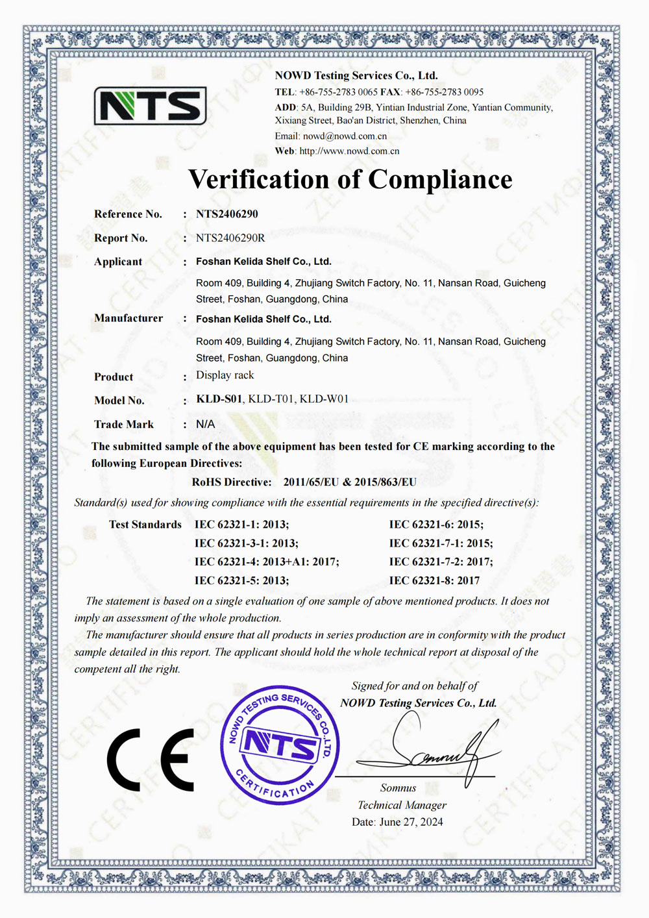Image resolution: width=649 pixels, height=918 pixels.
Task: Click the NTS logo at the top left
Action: tap(150, 106)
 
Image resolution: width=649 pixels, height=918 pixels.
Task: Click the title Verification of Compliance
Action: tap(350, 179)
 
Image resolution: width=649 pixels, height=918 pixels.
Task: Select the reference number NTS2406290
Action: tap(227, 214)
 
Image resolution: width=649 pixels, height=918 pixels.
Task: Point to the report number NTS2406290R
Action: tap(230, 238)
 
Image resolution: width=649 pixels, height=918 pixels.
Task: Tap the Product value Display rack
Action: tap(225, 375)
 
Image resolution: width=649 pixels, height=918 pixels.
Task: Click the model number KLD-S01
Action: tap(219, 399)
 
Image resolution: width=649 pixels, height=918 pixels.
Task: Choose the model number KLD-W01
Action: tap(324, 399)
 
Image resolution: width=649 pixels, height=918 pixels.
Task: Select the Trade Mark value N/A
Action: tap(205, 424)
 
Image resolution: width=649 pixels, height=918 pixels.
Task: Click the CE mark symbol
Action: tap(151, 760)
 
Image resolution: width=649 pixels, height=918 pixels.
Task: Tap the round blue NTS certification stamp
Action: tap(280, 745)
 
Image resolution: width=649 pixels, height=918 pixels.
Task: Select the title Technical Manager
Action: tap(402, 805)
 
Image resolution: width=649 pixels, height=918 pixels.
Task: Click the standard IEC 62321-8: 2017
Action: tap(434, 580)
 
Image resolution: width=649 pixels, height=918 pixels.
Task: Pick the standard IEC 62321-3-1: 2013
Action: tap(247, 543)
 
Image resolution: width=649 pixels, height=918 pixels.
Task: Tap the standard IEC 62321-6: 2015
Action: tap(436, 525)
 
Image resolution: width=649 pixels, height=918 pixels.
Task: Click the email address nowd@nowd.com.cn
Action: tap(345, 136)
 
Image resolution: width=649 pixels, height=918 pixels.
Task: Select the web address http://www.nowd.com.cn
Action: tap(349, 151)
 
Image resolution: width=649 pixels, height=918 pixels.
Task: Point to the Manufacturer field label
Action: tap(129, 318)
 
